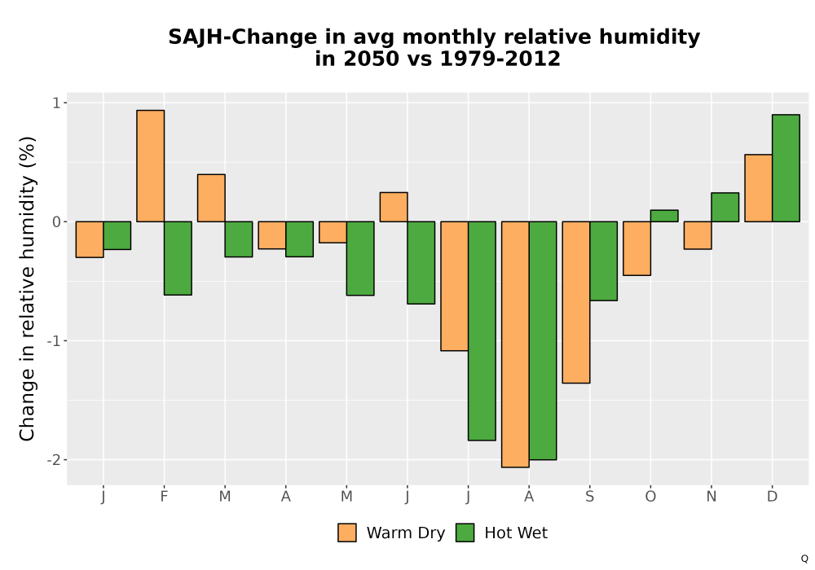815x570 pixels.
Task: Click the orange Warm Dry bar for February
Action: pyautogui.click(x=150, y=166)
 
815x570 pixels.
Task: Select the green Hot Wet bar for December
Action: pyautogui.click(x=786, y=169)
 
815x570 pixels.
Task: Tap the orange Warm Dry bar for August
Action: pyautogui.click(x=515, y=344)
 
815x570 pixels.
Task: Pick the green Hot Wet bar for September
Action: pyautogui.click(x=603, y=261)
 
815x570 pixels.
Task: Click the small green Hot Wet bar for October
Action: pyautogui.click(x=664, y=216)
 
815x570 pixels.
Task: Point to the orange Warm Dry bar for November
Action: pyautogui.click(x=698, y=235)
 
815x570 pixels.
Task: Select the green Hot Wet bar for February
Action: pyautogui.click(x=178, y=258)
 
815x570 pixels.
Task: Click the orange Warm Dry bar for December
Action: pyautogui.click(x=758, y=188)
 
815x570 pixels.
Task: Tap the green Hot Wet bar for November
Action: pyautogui.click(x=725, y=207)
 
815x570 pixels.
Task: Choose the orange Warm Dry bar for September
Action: pyautogui.click(x=576, y=302)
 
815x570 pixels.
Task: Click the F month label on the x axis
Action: pyautogui.click(x=164, y=497)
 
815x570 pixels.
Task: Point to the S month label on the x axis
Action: pyautogui.click(x=589, y=497)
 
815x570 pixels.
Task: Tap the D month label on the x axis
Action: pyautogui.click(x=772, y=497)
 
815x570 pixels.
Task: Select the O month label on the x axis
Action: pyautogui.click(x=650, y=497)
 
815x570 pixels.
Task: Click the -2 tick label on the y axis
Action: pyautogui.click(x=54, y=460)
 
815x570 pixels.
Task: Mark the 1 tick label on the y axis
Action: pyautogui.click(x=57, y=103)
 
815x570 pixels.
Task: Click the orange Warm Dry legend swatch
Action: pyautogui.click(x=346, y=533)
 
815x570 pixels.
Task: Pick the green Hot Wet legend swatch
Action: pyautogui.click(x=465, y=533)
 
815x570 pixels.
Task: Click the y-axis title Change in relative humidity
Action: pyautogui.click(x=27, y=288)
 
